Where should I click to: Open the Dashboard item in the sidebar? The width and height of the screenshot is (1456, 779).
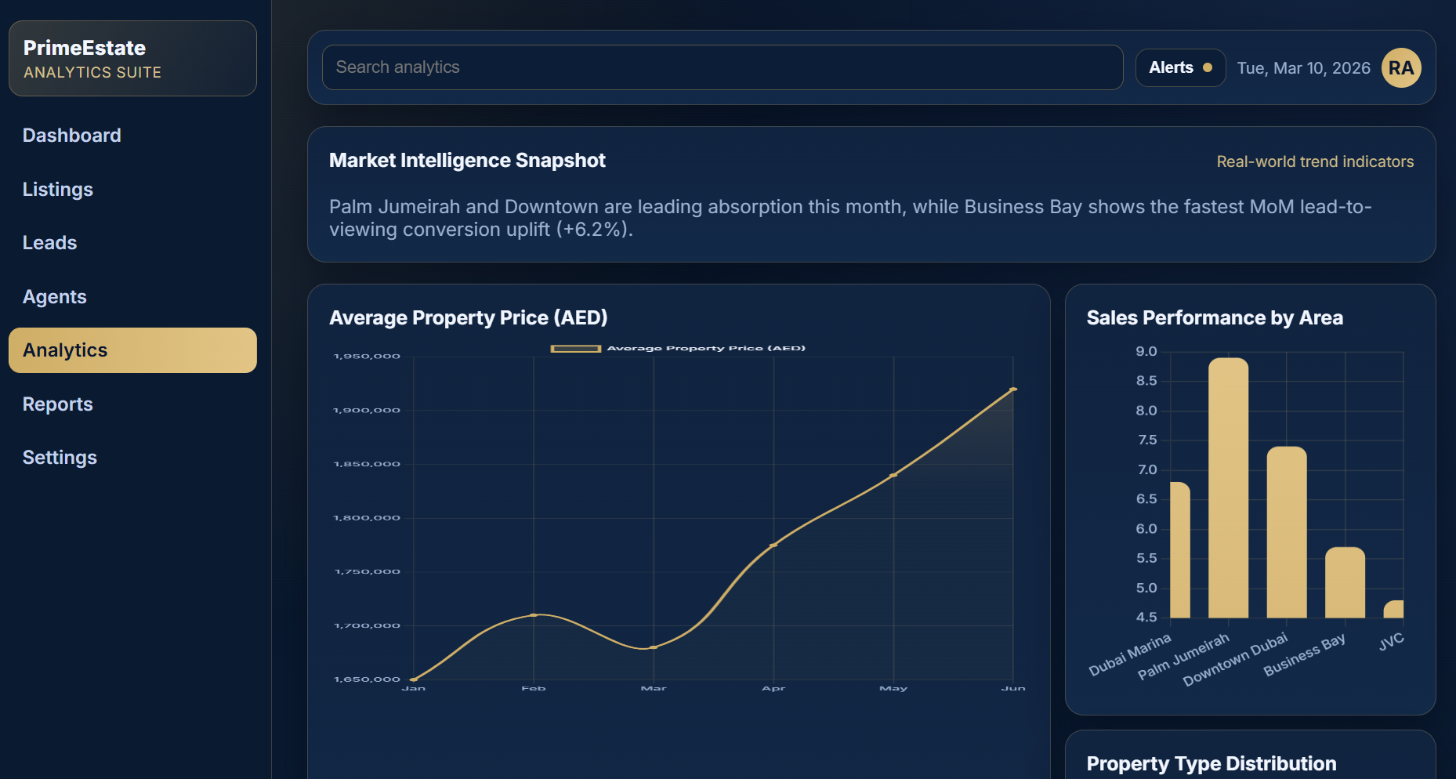coord(72,136)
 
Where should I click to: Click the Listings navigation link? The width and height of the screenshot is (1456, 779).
coord(58,190)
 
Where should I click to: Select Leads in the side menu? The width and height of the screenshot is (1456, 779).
coord(50,243)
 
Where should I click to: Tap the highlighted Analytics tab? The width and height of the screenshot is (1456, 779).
coord(132,350)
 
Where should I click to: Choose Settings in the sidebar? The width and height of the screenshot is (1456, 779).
coord(60,458)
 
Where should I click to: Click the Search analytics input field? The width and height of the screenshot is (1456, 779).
coord(722,67)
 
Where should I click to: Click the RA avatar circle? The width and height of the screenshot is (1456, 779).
coord(1400,68)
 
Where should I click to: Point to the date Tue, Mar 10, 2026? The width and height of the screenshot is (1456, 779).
coord(1303,68)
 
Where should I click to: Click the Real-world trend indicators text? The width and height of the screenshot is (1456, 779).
coord(1314,161)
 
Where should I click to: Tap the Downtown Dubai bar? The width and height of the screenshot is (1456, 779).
coord(1286,532)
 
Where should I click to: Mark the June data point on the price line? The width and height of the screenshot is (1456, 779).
coord(1012,389)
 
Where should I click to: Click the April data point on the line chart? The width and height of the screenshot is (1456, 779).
coord(773,545)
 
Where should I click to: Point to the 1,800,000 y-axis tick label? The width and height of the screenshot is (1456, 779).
coord(367,518)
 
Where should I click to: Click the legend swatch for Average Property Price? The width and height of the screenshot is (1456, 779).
coord(576,348)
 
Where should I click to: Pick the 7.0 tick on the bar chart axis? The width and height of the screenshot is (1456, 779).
coord(1146,469)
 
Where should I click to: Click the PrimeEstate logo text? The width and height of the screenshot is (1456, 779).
coord(85,48)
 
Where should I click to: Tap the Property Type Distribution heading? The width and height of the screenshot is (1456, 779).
coord(1211,763)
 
